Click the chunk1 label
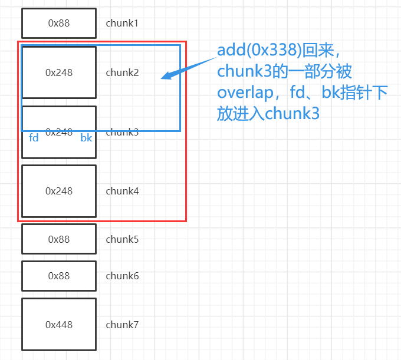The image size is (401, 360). [122, 24]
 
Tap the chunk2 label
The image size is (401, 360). [122, 72]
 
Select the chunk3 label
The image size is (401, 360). [122, 132]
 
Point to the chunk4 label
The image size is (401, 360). [122, 191]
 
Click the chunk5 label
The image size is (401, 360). [122, 239]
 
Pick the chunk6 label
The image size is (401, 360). [122, 276]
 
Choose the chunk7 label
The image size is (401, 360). [122, 325]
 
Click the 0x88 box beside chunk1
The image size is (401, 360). [59, 24]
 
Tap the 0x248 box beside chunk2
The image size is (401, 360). [59, 72]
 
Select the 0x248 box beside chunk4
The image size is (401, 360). [59, 191]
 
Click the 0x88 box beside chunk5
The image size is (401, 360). [59, 239]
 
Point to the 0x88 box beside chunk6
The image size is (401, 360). [59, 276]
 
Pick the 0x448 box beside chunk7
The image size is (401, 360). [59, 325]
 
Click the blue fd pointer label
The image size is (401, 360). [34, 137]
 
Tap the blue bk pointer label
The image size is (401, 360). [86, 137]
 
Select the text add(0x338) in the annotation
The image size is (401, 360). [255, 50]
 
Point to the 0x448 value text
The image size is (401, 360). [59, 325]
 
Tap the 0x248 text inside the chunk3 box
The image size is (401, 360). [59, 133]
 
